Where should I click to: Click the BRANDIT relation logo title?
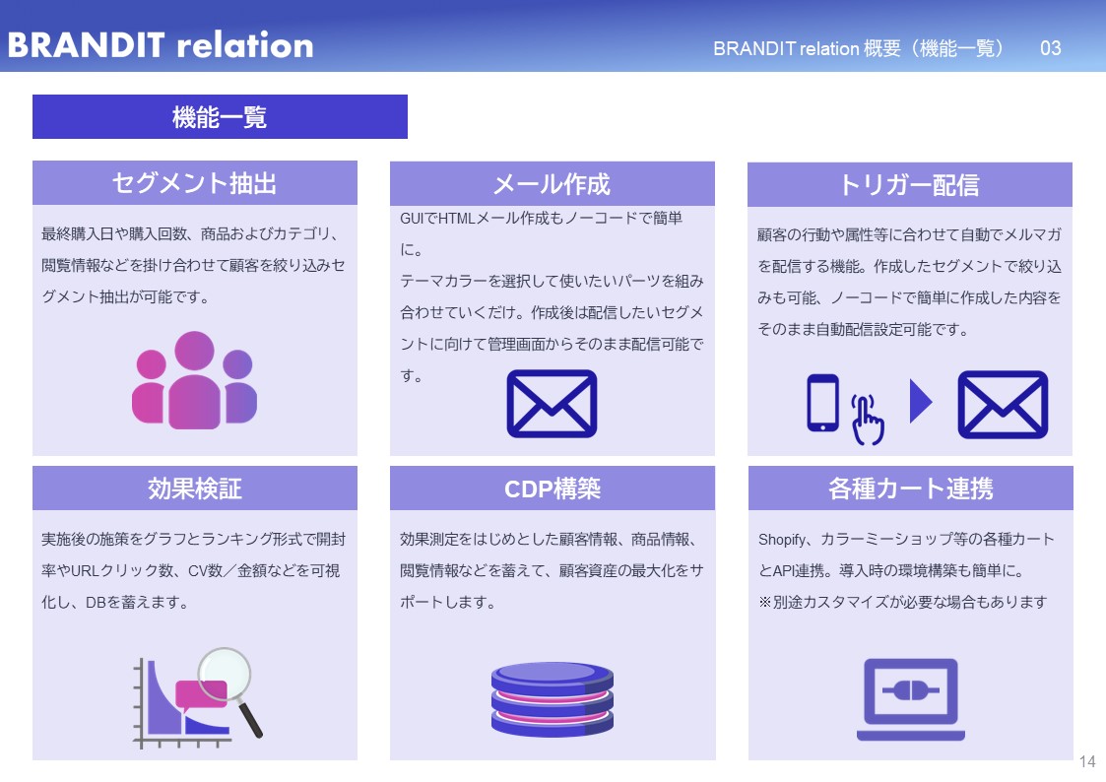point(160,45)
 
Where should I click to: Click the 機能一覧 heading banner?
point(220,117)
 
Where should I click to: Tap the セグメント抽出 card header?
point(194,183)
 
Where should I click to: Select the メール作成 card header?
point(552,183)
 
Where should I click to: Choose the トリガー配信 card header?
point(909,184)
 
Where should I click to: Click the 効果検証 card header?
point(194,489)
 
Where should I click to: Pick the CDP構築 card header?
point(552,489)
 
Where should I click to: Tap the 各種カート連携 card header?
point(910,489)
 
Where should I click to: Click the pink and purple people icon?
point(194,380)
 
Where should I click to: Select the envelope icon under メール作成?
point(552,404)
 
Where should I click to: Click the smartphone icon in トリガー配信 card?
point(822,403)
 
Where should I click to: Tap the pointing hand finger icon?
point(866,420)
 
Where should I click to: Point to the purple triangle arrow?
point(920,402)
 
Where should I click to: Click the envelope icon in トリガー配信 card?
point(1003,404)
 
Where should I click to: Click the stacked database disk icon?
point(552,698)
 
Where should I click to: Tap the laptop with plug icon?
point(910,698)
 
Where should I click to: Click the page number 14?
point(1087,761)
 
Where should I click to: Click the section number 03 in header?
point(1050,48)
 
